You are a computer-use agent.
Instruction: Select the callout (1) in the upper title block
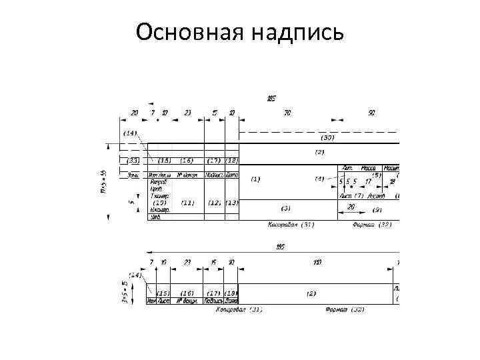point(255,179)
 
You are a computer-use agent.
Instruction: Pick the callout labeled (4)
point(319,179)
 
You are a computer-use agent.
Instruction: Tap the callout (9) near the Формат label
point(377,211)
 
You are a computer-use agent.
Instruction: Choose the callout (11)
point(187,203)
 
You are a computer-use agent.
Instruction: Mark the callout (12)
point(214,203)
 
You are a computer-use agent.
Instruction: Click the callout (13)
point(231,203)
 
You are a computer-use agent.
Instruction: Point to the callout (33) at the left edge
point(133,161)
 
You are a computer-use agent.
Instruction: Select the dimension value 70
point(287,113)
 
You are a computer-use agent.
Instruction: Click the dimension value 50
point(371,113)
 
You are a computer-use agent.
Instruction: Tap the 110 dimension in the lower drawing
point(317,262)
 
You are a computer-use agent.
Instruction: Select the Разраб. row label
point(159,181)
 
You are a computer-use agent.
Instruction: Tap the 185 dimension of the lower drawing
point(281,247)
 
